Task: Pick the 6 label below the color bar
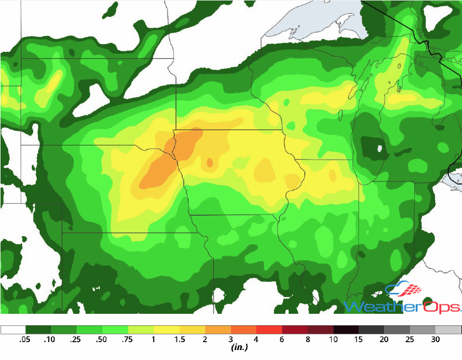282,340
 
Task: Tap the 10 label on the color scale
333,340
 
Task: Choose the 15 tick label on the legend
359,340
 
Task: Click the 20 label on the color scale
385,340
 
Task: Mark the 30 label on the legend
436,340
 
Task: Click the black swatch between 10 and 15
346,330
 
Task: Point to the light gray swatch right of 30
449,330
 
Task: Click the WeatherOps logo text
402,306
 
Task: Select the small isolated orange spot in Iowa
210,163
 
